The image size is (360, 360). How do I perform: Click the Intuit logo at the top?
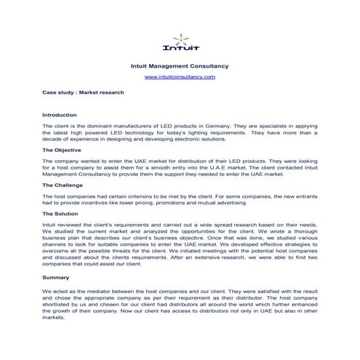click(180, 42)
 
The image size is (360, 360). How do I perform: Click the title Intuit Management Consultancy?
click(180, 65)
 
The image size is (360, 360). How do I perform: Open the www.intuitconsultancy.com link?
click(180, 76)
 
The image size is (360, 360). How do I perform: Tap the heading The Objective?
click(63, 150)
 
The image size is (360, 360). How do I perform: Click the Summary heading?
click(55, 278)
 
